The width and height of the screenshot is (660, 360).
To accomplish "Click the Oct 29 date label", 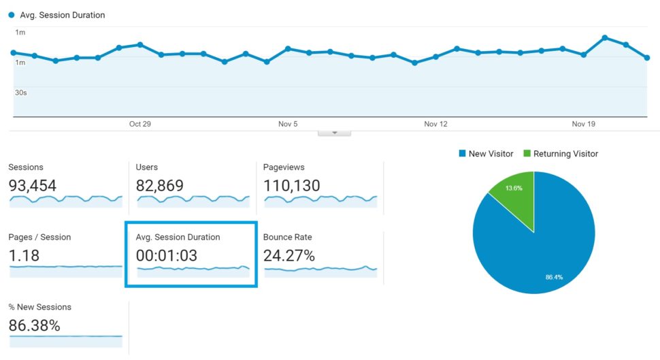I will tap(139, 124).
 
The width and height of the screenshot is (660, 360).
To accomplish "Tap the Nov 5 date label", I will tap(288, 124).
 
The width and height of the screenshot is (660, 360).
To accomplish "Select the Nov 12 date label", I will tap(435, 124).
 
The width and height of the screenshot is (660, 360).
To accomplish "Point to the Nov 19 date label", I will tap(583, 124).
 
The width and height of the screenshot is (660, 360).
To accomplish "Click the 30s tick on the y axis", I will tap(21, 93).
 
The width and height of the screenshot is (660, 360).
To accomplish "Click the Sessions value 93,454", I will tap(33, 185).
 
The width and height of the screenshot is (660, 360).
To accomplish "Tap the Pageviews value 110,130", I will tap(292, 185).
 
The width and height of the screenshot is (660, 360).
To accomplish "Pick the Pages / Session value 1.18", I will tap(24, 256).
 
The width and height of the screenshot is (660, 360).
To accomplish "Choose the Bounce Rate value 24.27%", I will tap(289, 256).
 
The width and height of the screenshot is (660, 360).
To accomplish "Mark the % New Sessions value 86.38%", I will tap(35, 325).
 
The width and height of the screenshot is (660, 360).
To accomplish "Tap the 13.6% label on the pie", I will tap(514, 189).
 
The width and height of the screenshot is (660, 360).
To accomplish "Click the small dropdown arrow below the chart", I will tap(334, 133).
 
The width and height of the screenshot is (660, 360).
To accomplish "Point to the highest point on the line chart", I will tap(604, 37).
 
